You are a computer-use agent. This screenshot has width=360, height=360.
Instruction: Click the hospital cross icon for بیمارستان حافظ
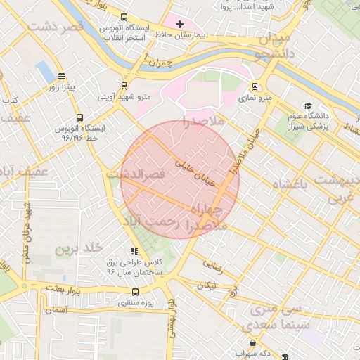pos(180,24)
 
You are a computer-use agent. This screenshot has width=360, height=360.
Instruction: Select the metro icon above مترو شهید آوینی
pos(124,85)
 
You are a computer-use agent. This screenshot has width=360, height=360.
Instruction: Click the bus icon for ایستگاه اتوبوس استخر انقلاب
pos(124,18)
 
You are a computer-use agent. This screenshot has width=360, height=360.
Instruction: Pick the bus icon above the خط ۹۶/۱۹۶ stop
pos(79,119)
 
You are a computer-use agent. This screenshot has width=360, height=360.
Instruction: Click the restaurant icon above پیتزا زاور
pos(61,77)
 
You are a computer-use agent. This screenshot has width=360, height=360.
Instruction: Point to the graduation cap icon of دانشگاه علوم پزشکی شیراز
pos(308,106)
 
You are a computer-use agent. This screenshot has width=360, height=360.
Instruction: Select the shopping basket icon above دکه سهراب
pos(252,342)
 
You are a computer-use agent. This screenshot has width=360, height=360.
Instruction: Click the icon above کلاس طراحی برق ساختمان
pos(134,251)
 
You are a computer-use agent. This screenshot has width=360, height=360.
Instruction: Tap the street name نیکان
pos(207,285)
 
